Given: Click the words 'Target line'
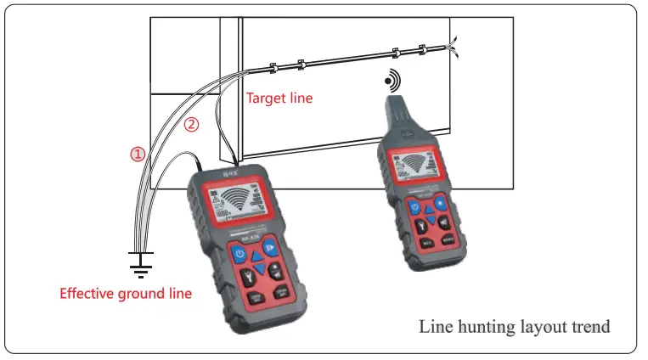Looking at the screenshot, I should pyautogui.click(x=279, y=98).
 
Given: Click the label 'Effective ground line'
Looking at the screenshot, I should pyautogui.click(x=126, y=294).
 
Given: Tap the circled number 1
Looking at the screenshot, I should pyautogui.click(x=137, y=155).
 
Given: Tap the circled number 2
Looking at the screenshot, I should pyautogui.click(x=192, y=125).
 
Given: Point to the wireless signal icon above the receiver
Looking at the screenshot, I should pyautogui.click(x=391, y=82).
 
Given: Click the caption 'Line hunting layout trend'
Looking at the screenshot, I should pyautogui.click(x=514, y=326).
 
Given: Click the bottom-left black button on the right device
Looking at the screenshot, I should pyautogui.click(x=428, y=241).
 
